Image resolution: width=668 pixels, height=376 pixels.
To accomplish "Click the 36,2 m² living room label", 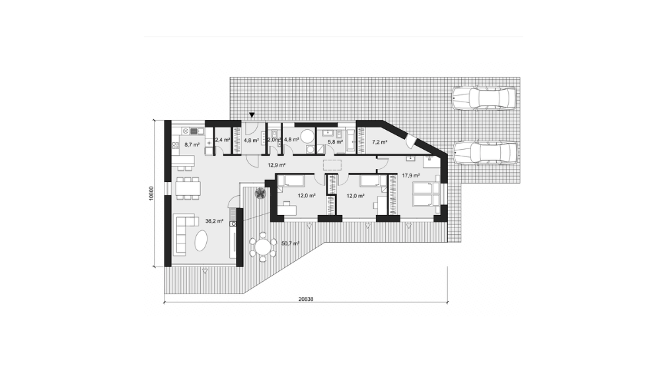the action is (214, 221).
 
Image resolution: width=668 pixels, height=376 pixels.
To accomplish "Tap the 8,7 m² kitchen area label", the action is (192, 144).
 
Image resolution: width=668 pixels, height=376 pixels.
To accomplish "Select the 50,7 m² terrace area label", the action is (291, 243).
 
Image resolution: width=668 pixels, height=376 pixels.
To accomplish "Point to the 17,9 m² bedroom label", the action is (411, 175).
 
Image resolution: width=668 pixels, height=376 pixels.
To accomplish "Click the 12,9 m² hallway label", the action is (276, 165).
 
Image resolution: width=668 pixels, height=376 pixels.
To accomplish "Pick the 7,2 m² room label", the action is (379, 142).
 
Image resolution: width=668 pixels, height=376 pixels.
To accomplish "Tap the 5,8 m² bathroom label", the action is (335, 142).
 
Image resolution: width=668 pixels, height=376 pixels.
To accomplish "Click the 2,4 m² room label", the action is (223, 139).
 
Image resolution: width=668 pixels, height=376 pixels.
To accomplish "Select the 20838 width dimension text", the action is (306, 299).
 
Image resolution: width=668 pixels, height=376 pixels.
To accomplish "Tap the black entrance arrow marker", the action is (252, 115).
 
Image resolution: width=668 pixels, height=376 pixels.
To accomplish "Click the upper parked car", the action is (484, 99).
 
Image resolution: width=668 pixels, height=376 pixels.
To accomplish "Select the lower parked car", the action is (485, 152).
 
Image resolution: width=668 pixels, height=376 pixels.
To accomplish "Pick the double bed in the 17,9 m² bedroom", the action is (425, 195).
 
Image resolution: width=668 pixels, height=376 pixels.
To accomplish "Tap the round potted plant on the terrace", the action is (260, 193).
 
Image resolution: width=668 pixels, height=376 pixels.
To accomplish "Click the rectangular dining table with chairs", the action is (188, 188).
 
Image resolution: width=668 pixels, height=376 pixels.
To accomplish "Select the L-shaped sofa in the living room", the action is (184, 234).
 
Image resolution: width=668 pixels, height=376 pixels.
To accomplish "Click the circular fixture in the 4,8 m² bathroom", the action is (307, 136).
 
